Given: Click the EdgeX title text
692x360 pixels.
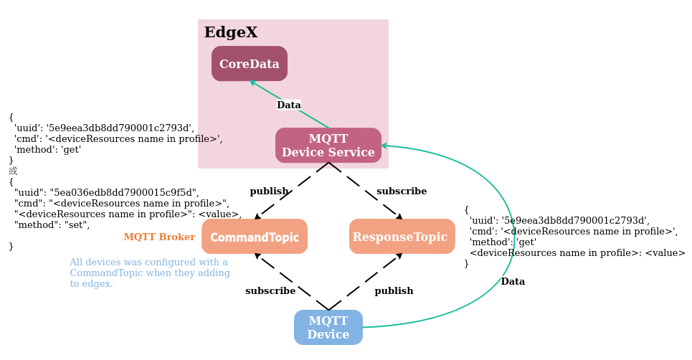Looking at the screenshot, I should click(230, 33).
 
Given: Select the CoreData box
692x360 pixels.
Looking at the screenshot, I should click(249, 64).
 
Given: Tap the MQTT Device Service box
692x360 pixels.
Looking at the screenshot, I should click(328, 146).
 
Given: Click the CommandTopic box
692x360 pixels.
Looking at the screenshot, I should click(255, 237).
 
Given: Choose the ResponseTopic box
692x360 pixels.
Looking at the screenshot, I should click(402, 237).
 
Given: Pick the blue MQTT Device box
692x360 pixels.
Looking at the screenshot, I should click(328, 328).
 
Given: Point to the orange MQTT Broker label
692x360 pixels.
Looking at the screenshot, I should click(159, 237).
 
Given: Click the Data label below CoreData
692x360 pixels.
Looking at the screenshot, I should click(288, 105).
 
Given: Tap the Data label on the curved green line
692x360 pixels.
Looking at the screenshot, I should click(513, 282).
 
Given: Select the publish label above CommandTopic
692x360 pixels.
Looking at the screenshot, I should click(269, 191).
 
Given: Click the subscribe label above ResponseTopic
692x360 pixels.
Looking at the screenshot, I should click(402, 191).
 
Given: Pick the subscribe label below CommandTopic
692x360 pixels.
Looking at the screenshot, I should click(270, 291).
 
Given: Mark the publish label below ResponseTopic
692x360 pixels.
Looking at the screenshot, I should click(394, 291).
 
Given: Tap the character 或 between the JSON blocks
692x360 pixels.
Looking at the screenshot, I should click(13, 171).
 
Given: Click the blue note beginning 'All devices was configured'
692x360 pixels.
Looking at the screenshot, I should click(149, 273).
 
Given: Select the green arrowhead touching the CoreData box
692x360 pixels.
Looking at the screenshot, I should click(252, 82).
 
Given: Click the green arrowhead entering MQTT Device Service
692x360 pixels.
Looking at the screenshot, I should click(384, 146).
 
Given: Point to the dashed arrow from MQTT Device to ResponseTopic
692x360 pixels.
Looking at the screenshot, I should click(364, 282).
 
